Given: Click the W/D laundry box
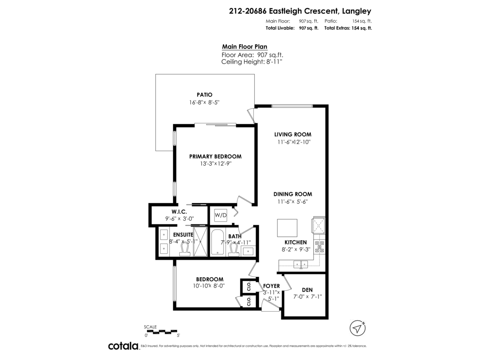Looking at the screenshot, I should coord(221,216).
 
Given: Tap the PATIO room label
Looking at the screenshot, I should coord(204,95).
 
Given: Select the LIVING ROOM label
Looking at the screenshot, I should coord(292,134).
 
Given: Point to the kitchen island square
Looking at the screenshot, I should coord(287,228).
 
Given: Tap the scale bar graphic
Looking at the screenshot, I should coord(162,332).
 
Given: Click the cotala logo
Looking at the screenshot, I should coord(123,346).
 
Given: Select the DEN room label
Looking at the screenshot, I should coord(307,290).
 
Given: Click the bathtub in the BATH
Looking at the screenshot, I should coord(218,242).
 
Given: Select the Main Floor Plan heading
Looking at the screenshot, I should coord(244,47).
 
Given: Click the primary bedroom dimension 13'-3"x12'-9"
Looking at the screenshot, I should coord(215,164).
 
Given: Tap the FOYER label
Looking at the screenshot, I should coord(271,286).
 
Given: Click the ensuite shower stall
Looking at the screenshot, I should coord(202,242).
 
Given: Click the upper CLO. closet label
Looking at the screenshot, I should coord(248,286).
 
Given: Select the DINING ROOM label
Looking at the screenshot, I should coord(292,194).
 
